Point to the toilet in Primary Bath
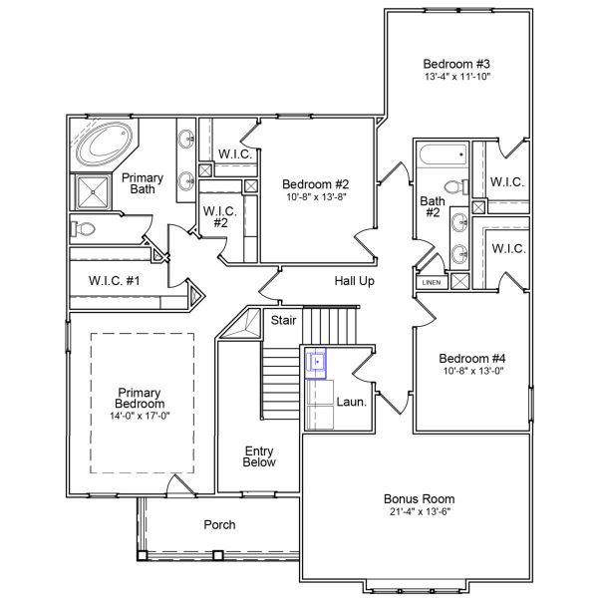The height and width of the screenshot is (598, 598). pyautogui.click(x=84, y=229)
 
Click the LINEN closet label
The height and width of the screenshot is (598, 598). pyautogui.click(x=431, y=282)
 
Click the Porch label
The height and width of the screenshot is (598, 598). pyautogui.click(x=219, y=524)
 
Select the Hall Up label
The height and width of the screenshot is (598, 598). pyautogui.click(x=354, y=281)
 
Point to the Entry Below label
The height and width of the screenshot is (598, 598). pyautogui.click(x=259, y=456)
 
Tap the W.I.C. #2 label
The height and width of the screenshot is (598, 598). pyautogui.click(x=218, y=217)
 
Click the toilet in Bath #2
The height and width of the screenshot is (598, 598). pyautogui.click(x=454, y=186)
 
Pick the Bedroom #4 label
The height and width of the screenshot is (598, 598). pyautogui.click(x=471, y=358)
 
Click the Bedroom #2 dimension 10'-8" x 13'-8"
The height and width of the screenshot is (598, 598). pyautogui.click(x=314, y=197)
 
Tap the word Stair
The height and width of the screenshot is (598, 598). pyautogui.click(x=283, y=320)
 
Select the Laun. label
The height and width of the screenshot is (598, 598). pyautogui.click(x=351, y=404)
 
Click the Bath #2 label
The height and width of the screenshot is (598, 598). pyautogui.click(x=431, y=206)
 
